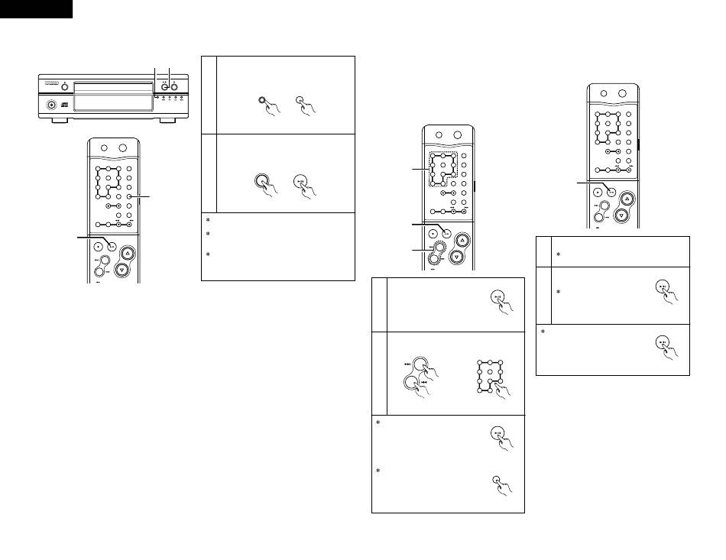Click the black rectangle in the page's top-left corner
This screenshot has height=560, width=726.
point(36,8)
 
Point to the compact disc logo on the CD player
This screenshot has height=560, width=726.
point(64,105)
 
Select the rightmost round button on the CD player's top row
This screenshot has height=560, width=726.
point(174,87)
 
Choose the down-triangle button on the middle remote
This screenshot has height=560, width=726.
point(457,257)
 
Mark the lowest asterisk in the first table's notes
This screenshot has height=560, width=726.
point(208,254)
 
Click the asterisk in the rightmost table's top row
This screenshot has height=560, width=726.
point(557,256)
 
